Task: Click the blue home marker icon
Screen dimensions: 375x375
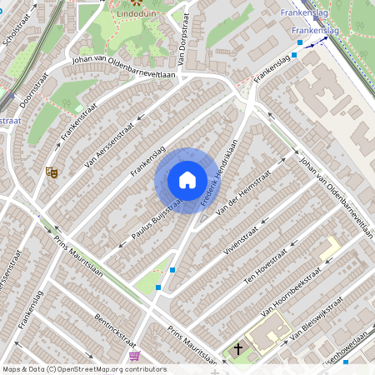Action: pos(187,180)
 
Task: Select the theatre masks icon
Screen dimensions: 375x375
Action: pos(52,172)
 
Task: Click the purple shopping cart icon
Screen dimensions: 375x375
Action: pos(134,356)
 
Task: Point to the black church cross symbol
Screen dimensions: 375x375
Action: pos(239,349)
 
